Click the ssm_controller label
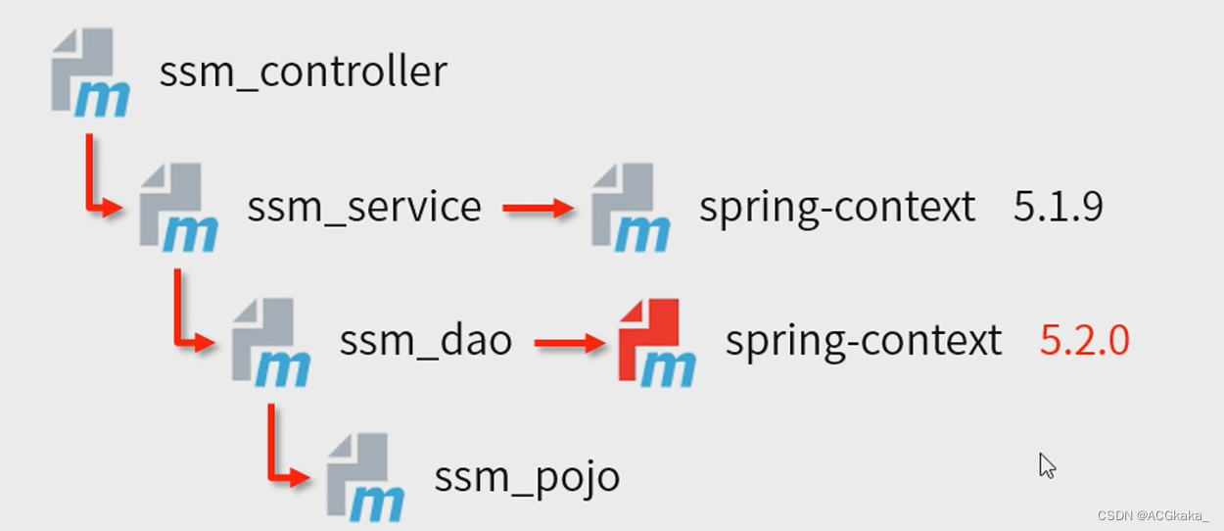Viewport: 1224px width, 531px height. tap(303, 72)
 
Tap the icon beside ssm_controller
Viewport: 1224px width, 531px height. tap(89, 72)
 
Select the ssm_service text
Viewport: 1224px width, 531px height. tap(363, 207)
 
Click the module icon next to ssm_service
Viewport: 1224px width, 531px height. tap(177, 207)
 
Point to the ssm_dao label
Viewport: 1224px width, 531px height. tap(425, 341)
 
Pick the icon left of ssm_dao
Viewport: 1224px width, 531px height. tap(270, 342)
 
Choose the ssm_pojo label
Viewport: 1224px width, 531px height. tap(527, 477)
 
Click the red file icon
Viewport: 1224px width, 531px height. tap(656, 342)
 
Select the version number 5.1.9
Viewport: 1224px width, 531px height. tap(1058, 207)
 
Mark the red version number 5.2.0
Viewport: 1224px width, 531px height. tap(1084, 341)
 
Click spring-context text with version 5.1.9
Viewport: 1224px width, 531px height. tap(836, 207)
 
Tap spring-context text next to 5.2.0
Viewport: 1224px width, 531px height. tap(863, 341)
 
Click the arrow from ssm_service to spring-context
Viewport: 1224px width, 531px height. tap(538, 208)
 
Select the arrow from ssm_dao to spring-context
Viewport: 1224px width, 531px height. tap(570, 343)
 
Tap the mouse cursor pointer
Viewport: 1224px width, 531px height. tap(1047, 465)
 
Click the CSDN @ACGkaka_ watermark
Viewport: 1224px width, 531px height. tap(1153, 516)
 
